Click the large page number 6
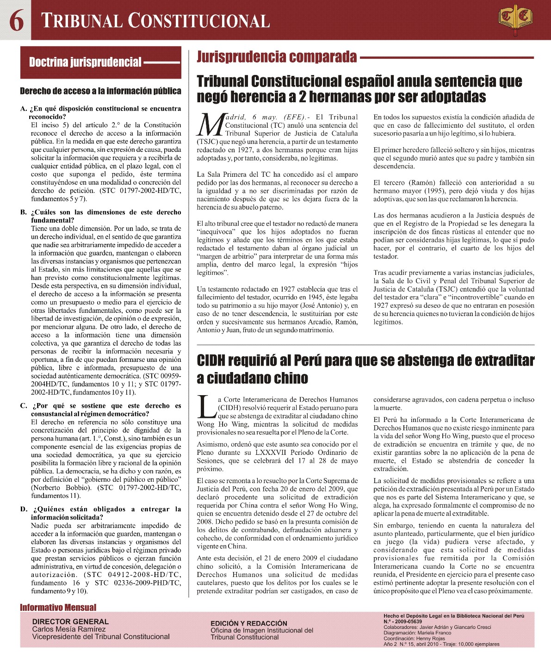16,20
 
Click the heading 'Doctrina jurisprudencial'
85,62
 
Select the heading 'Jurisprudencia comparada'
277,57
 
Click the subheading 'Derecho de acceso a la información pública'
100,91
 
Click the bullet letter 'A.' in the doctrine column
24,109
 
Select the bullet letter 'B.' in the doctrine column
24,212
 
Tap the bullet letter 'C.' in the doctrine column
24,406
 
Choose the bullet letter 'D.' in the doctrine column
24,509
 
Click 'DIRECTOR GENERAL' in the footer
70,621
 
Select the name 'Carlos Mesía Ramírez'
68,629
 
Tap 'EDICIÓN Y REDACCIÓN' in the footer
249,623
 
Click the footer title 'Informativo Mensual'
58,608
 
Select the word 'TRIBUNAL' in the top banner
81,21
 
